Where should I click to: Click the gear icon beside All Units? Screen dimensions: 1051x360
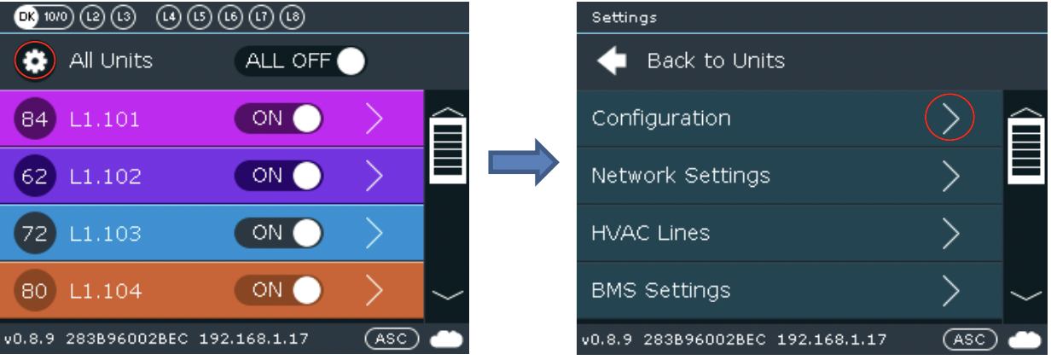pos(35,61)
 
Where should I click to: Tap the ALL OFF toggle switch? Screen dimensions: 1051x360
pos(300,61)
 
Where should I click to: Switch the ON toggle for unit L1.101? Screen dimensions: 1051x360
pos(279,119)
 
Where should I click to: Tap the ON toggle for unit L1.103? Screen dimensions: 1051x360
pos(279,233)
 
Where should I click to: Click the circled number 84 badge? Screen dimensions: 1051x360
pos(35,119)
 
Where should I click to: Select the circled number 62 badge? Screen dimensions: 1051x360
pos(35,176)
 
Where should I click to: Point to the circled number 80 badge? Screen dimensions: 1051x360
pos(35,291)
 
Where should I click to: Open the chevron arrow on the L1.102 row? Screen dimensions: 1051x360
pos(374,176)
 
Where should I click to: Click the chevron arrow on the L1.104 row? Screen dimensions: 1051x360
pos(374,291)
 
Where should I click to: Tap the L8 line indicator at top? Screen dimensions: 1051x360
pos(293,17)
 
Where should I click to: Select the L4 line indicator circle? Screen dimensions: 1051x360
pos(168,17)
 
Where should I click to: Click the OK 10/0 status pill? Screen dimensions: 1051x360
pos(44,17)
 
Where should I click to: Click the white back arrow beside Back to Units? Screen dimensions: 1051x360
pos(612,61)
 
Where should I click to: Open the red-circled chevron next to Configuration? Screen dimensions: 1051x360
pos(950,118)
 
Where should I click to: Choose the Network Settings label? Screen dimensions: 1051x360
pos(681,176)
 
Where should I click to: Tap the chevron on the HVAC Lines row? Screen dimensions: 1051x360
pos(950,233)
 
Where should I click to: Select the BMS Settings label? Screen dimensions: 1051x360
pos(660,291)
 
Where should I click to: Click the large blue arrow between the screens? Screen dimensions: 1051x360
pos(523,162)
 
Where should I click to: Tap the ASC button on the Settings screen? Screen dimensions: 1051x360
pos(970,339)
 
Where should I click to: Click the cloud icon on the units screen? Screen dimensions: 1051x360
pos(446,339)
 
